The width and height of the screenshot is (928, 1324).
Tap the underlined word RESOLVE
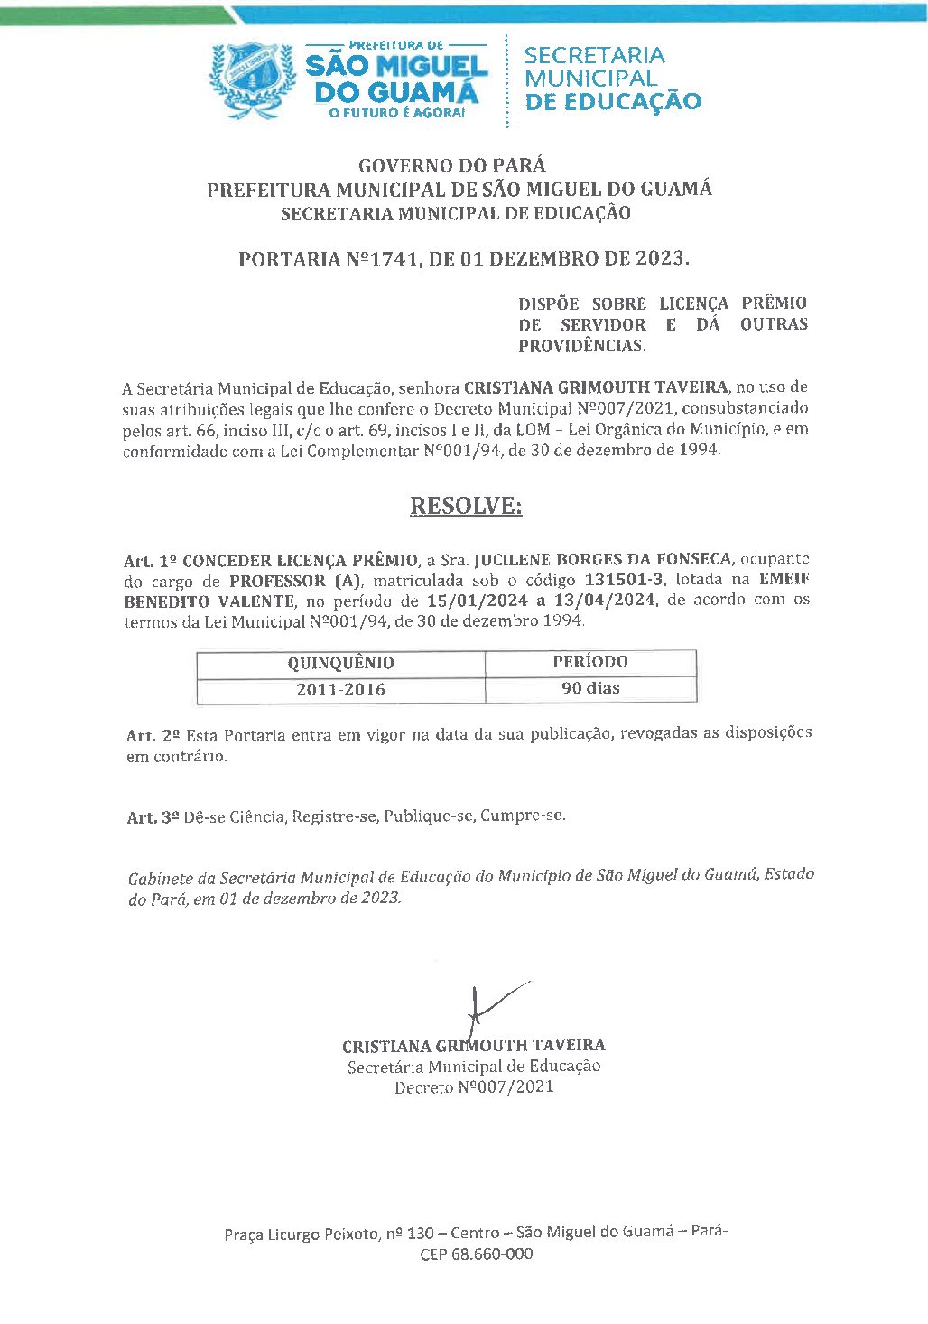(x=466, y=506)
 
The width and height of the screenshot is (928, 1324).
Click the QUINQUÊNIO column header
(x=340, y=663)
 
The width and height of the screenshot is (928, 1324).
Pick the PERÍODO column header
(x=589, y=661)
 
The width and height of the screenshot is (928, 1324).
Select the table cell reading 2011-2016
(x=340, y=689)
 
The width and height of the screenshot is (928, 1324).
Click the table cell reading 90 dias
(x=590, y=688)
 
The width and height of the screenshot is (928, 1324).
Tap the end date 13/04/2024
(x=603, y=601)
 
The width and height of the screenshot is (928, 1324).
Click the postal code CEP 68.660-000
(x=476, y=1254)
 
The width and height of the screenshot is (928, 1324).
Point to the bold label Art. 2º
(x=153, y=736)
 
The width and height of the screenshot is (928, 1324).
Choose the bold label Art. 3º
(x=153, y=817)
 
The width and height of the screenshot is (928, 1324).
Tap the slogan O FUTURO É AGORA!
(x=396, y=113)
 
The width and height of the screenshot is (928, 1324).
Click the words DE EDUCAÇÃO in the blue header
(x=612, y=101)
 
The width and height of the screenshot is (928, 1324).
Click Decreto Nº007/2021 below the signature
(x=473, y=1087)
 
